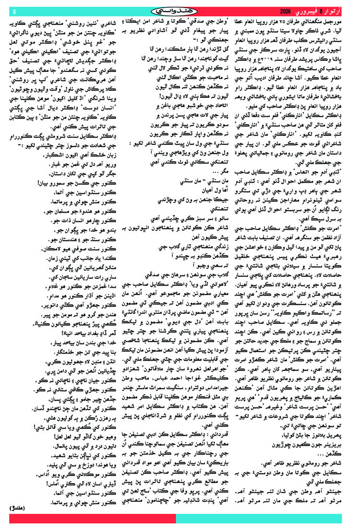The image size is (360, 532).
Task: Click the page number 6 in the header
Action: (14, 11)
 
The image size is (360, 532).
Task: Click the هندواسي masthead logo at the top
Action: (180, 11)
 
